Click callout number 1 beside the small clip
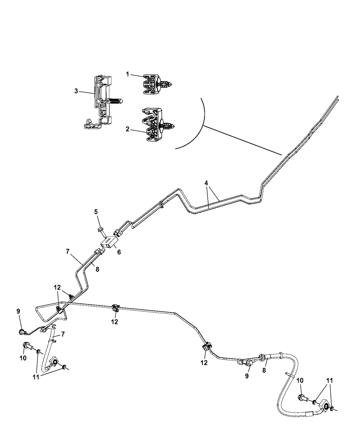click(x=128, y=74)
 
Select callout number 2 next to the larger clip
click(x=128, y=129)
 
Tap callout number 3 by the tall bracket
click(x=76, y=91)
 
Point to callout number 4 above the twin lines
click(x=206, y=183)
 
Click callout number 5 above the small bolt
click(x=96, y=212)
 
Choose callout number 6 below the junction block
click(x=119, y=252)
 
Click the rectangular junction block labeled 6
click(x=109, y=242)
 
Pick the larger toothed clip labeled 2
click(x=157, y=125)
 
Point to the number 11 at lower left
click(x=36, y=377)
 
